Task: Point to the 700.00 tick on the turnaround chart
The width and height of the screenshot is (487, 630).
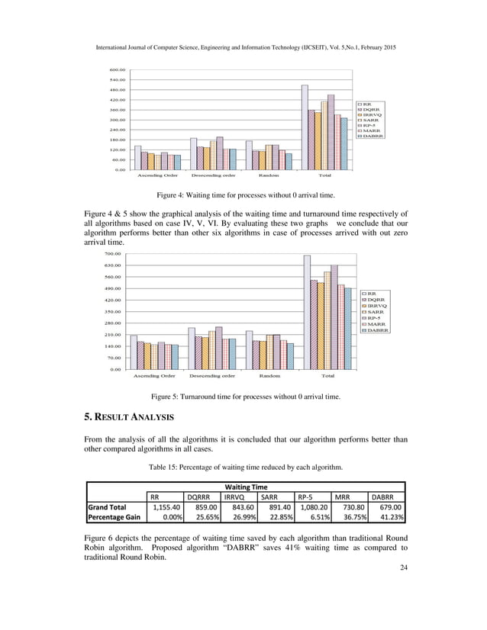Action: point(111,254)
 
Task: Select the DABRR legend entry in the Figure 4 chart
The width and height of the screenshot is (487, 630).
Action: point(373,137)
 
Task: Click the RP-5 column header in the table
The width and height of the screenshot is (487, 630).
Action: point(306,494)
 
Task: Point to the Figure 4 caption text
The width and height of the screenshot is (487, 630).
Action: point(243,196)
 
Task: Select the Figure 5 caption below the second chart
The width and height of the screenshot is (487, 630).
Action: point(245,397)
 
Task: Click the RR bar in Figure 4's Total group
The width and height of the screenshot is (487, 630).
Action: point(305,127)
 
